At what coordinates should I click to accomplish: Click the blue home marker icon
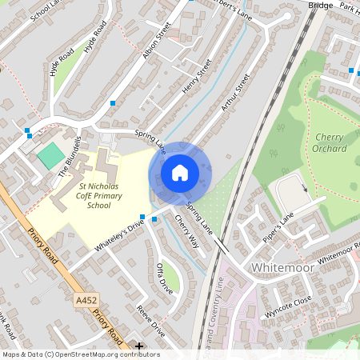tap(180, 172)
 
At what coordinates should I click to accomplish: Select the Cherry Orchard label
tap(330, 142)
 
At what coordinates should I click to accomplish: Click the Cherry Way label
tap(186, 231)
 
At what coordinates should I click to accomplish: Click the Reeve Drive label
tap(150, 321)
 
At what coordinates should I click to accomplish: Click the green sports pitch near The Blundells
tap(50, 155)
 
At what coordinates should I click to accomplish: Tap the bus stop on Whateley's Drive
tap(142, 217)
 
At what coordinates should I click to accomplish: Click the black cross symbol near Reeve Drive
tap(139, 346)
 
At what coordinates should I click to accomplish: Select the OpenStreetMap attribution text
tap(80, 354)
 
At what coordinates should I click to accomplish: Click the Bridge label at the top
tap(320, 5)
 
